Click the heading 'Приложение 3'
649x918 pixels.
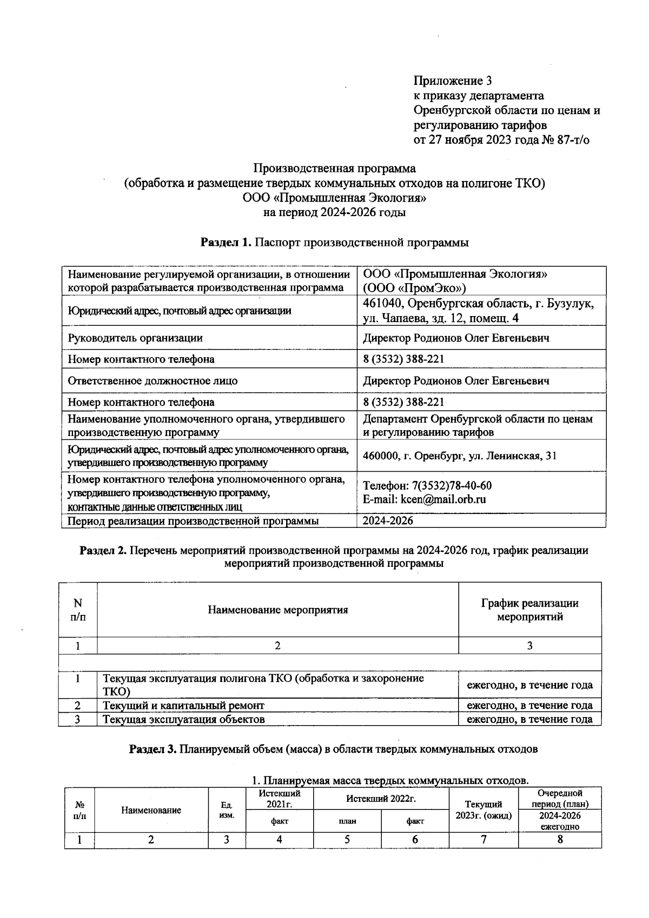pos(453,81)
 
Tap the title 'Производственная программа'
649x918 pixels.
pos(335,168)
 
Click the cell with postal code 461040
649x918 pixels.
pos(479,311)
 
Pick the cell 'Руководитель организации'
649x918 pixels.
pos(135,338)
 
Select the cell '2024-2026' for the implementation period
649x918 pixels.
pos(388,521)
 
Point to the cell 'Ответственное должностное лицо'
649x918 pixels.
pos(153,381)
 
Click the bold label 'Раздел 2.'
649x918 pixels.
pos(103,551)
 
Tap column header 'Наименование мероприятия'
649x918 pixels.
pos(277,610)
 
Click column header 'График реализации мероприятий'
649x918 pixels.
pos(529,610)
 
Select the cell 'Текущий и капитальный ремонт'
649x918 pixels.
pos(184,705)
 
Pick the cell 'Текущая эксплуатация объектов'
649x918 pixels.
pos(184,719)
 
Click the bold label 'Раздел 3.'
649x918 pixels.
pos(153,749)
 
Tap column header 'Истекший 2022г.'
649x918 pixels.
pos(381,798)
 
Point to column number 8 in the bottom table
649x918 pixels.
pos(560,839)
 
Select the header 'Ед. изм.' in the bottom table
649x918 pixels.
pos(227,810)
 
